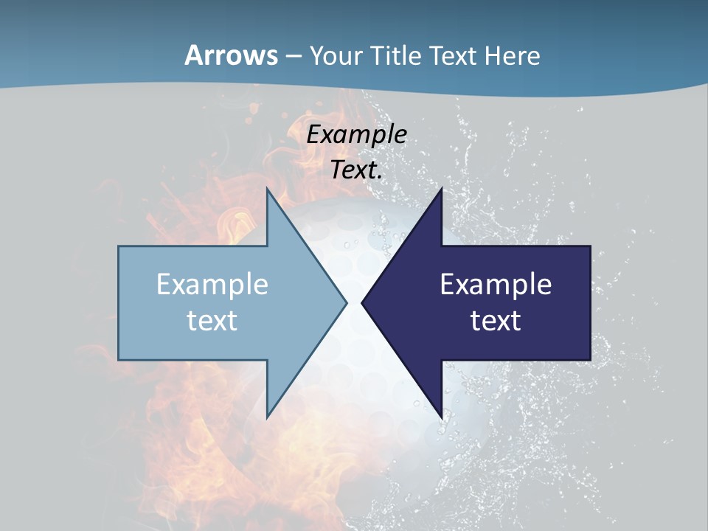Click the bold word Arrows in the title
pyautogui.click(x=232, y=55)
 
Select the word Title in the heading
pyautogui.click(x=397, y=56)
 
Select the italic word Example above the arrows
pyautogui.click(x=357, y=134)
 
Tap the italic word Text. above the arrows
pyautogui.click(x=357, y=170)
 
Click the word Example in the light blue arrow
pyautogui.click(x=212, y=284)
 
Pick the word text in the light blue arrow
pyautogui.click(x=212, y=320)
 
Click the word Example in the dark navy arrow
pyautogui.click(x=496, y=284)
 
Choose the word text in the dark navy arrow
pyautogui.click(x=496, y=320)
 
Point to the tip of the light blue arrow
pyautogui.click(x=347, y=302)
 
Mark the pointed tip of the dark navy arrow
pyautogui.click(x=362, y=302)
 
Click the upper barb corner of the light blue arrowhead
pyautogui.click(x=267, y=189)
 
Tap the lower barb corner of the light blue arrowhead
pyautogui.click(x=267, y=417)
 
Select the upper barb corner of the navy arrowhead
pyautogui.click(x=441, y=189)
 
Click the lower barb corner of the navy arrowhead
pyautogui.click(x=441, y=417)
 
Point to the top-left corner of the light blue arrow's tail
pyautogui.click(x=119, y=246)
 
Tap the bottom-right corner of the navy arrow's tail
pyautogui.click(x=590, y=360)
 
